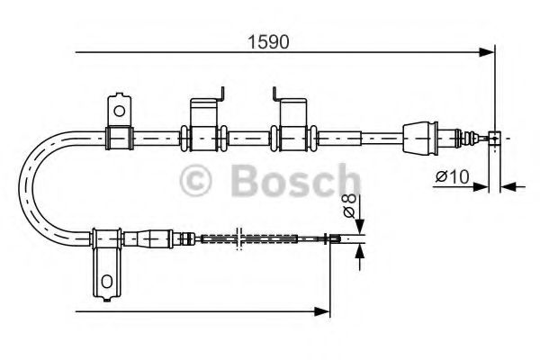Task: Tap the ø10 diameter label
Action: tap(449, 177)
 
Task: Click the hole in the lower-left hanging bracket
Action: tap(107, 281)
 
